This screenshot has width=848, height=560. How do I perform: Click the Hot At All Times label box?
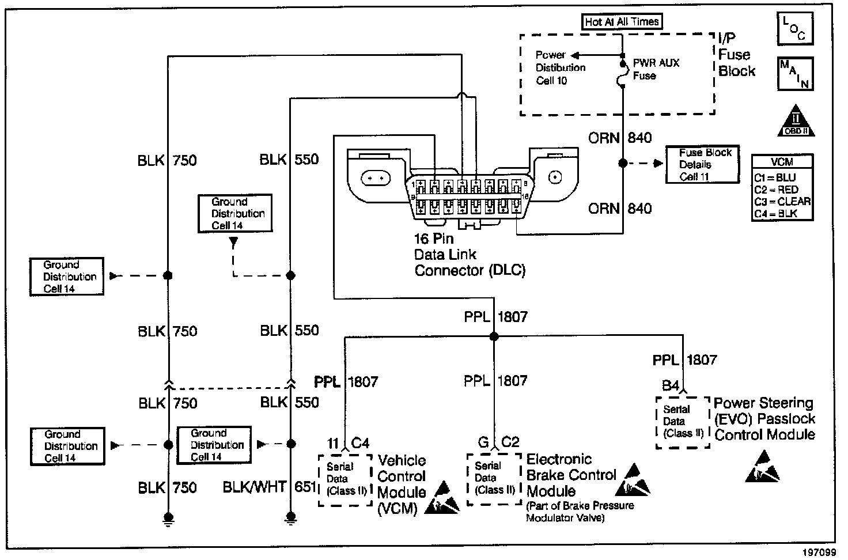click(x=622, y=22)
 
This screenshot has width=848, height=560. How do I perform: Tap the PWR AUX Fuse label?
click(x=656, y=69)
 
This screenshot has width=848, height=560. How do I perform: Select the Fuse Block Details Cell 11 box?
click(x=702, y=165)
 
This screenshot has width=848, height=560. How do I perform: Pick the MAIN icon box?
click(x=795, y=73)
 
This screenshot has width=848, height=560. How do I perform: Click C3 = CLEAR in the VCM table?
click(x=782, y=202)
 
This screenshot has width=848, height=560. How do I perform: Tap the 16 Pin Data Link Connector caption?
click(x=470, y=255)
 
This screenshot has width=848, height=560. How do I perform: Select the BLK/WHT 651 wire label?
click(x=270, y=487)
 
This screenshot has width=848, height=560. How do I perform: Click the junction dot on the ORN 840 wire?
click(x=623, y=164)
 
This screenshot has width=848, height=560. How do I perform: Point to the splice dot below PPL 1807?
click(x=493, y=336)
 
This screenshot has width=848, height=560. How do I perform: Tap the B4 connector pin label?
click(x=671, y=386)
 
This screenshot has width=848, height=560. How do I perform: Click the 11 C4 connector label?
click(x=348, y=443)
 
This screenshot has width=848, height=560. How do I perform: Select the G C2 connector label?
click(x=498, y=442)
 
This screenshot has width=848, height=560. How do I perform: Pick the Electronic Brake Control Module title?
click(x=571, y=475)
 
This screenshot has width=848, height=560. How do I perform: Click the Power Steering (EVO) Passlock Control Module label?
click(x=764, y=419)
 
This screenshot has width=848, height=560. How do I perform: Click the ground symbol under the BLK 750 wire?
click(x=168, y=518)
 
